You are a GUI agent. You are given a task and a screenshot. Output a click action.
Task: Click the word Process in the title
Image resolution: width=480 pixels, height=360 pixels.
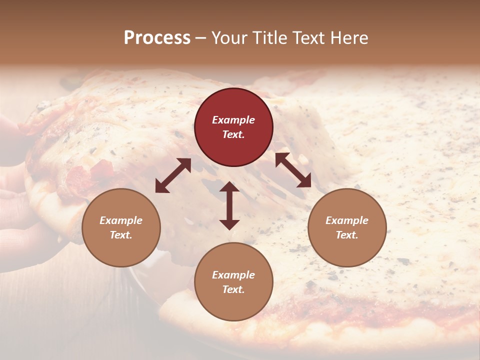tap(157, 38)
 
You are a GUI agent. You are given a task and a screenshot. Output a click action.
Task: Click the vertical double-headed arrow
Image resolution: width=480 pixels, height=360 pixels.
tap(229, 205)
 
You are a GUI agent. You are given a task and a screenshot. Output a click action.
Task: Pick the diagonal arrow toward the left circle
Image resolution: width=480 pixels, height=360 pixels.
tap(173, 175)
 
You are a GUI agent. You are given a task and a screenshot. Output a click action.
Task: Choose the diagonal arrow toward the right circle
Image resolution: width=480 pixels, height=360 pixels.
tap(293, 170)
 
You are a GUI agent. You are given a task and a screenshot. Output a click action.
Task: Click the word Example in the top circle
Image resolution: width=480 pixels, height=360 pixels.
tap(233, 120)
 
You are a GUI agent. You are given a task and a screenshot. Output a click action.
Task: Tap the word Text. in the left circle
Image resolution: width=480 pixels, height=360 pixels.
tap(121, 235)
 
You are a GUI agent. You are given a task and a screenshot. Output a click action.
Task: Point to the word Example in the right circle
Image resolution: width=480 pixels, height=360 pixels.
tap(347, 220)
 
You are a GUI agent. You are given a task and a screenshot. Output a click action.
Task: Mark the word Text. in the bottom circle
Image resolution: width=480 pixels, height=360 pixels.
tap(233, 289)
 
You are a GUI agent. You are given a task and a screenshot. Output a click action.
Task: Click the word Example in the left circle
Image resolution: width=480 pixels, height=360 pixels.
tap(121, 220)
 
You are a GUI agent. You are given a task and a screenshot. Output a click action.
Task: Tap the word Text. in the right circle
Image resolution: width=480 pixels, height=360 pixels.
tap(347, 235)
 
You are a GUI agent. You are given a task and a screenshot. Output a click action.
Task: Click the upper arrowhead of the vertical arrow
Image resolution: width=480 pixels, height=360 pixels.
tap(229, 187)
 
